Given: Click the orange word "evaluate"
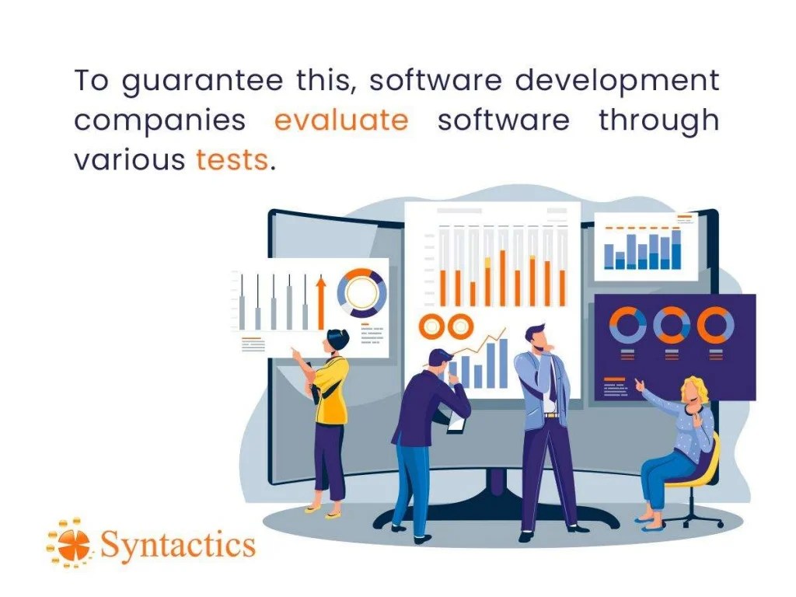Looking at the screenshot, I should click(x=341, y=121).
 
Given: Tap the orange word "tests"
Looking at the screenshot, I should click(x=232, y=160).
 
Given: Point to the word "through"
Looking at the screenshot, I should click(x=658, y=121).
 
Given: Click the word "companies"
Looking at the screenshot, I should click(x=159, y=121).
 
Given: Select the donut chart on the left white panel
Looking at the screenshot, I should click(x=361, y=293).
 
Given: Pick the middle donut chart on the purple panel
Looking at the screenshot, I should click(x=672, y=325).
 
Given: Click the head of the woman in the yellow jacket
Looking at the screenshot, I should click(x=337, y=340).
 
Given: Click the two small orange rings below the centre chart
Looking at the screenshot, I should click(x=445, y=326).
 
